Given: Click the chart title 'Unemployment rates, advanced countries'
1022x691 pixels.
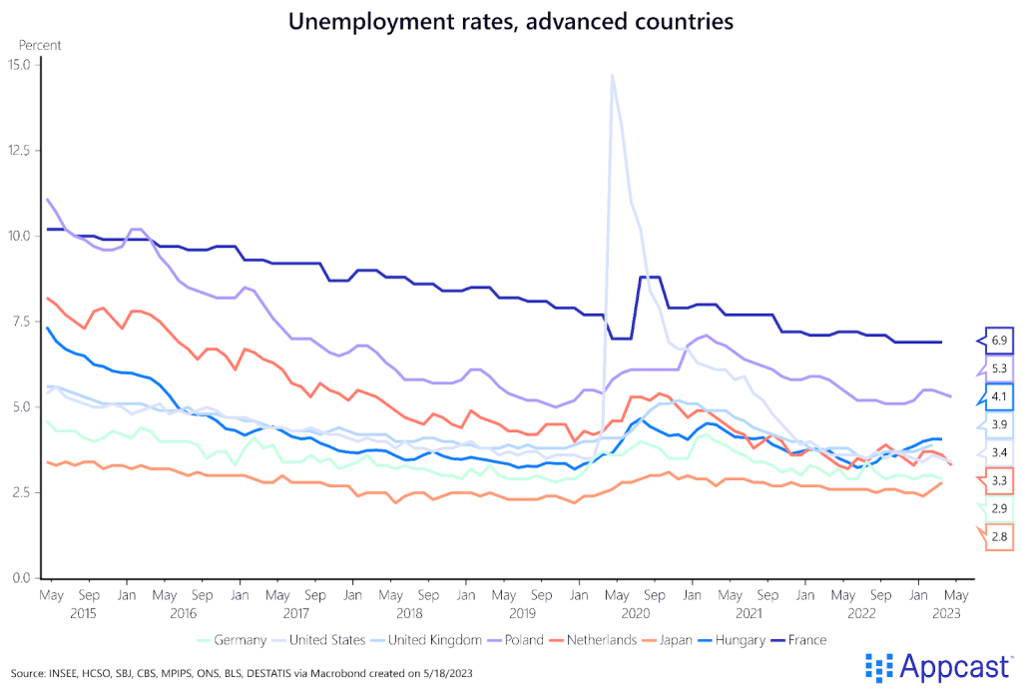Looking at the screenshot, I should click(510, 21).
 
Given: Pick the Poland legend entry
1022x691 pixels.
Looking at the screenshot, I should click(524, 639).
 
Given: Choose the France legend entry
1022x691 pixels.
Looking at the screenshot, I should click(808, 639).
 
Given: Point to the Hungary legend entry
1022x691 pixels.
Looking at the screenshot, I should click(741, 639).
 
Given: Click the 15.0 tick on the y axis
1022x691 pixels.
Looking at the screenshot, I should click(20, 65).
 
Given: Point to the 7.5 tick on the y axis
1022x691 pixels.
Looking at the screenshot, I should click(20, 322).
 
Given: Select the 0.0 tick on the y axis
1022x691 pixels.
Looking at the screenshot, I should click(20, 578).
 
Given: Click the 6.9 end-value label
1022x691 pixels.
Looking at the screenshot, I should click(999, 341).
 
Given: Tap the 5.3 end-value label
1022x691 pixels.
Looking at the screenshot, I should click(999, 368).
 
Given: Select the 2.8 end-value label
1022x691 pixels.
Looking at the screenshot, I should click(999, 536).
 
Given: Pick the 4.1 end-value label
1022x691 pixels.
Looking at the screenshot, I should click(999, 396).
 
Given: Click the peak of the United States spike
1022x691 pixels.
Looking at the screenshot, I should click(612, 75).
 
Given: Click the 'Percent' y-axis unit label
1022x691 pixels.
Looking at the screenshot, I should click(40, 45).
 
